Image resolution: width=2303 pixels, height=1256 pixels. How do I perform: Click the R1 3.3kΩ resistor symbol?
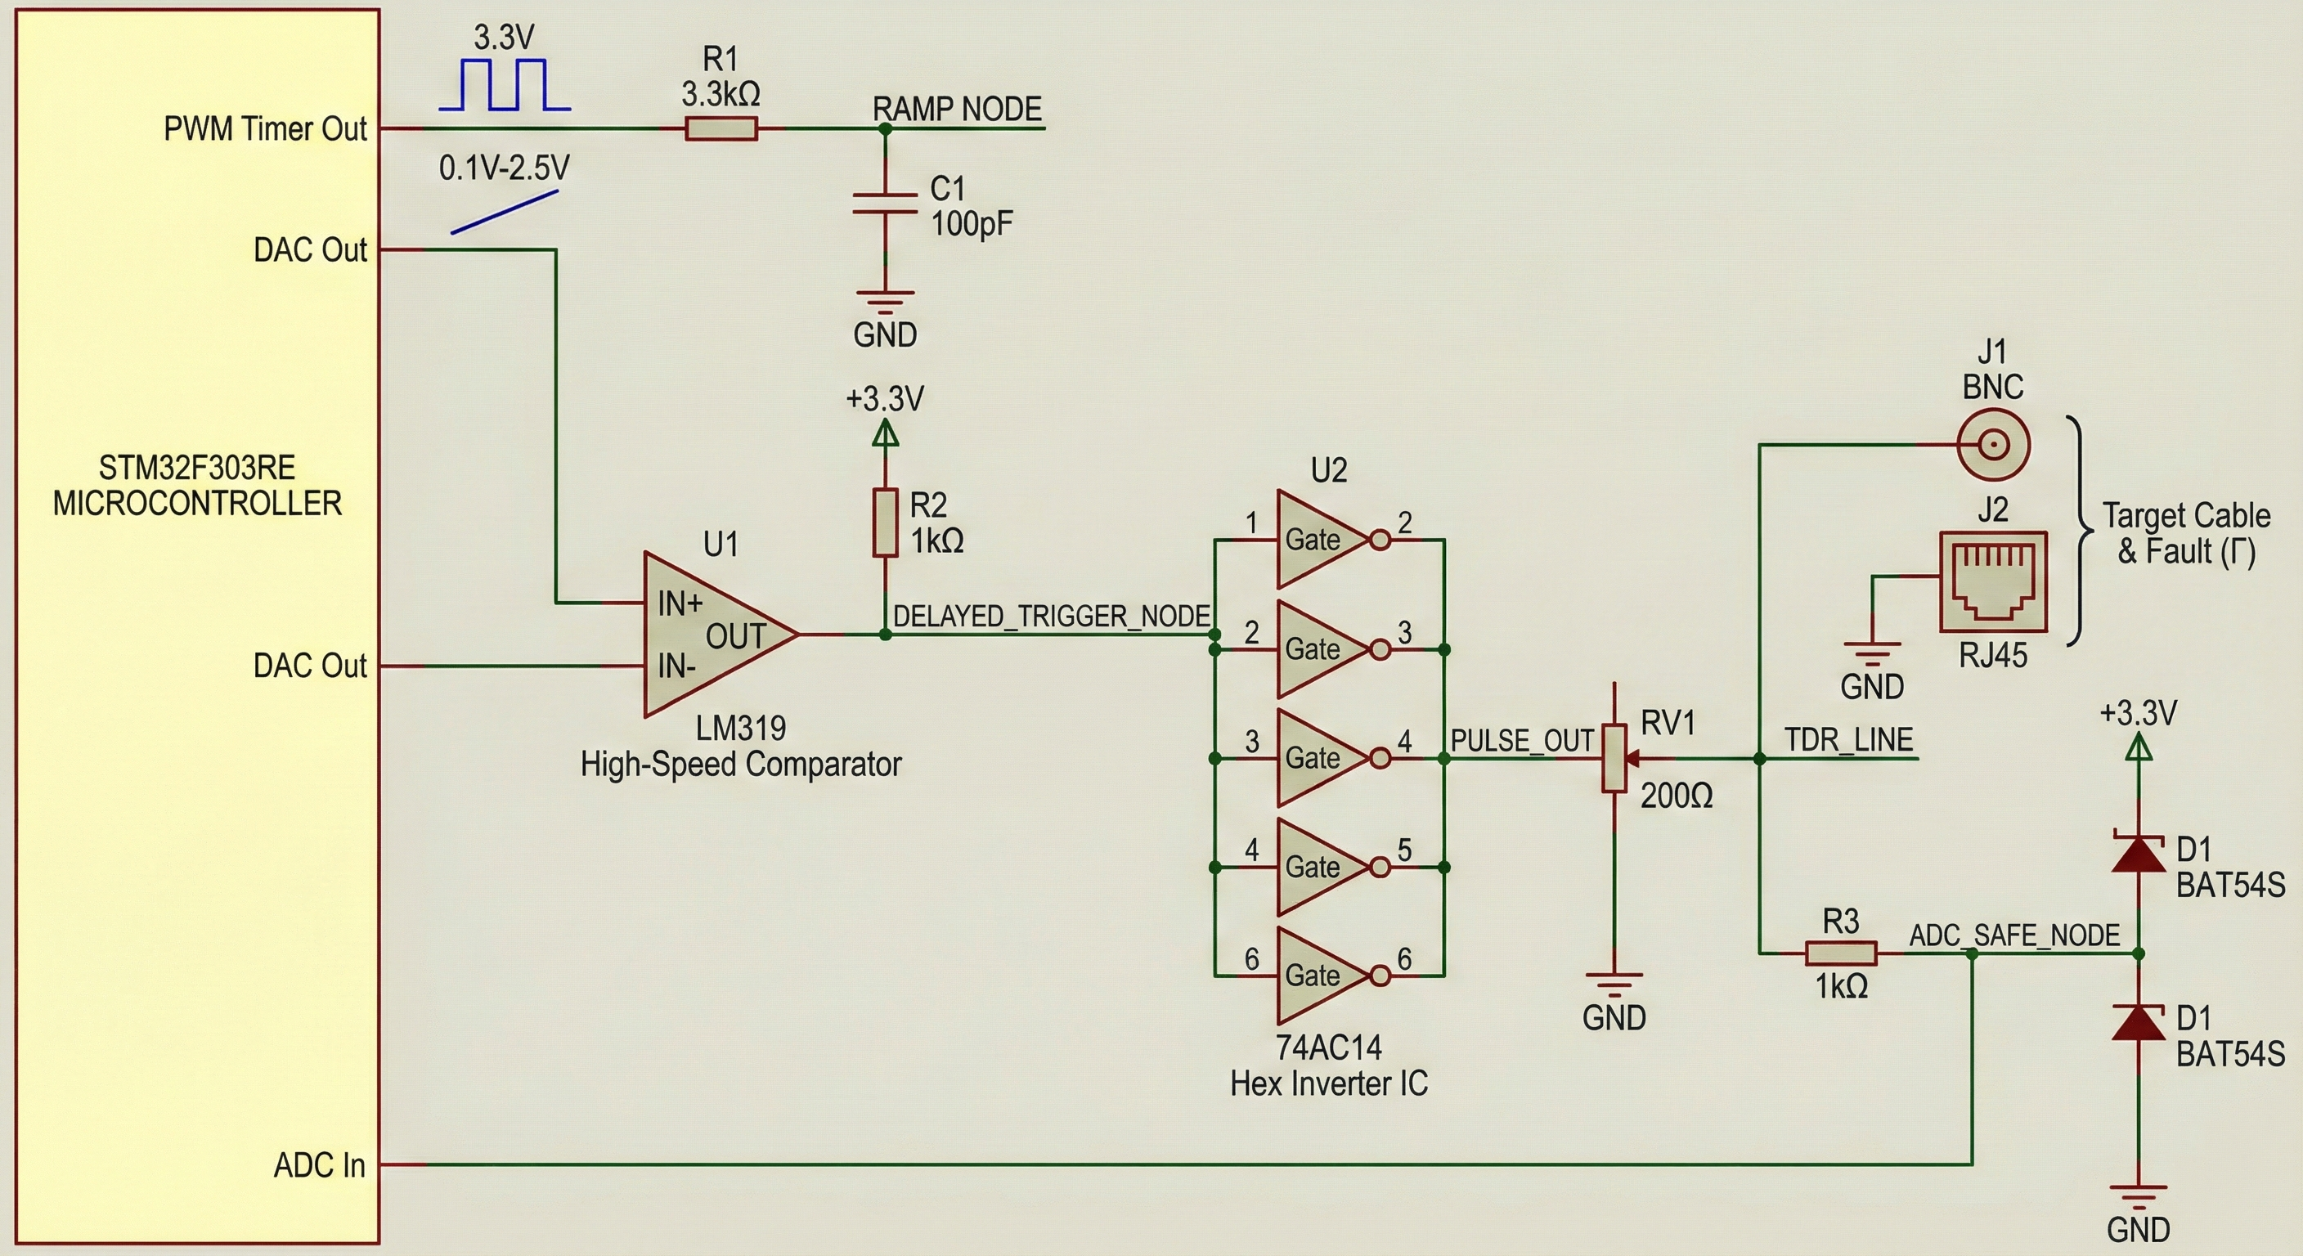tap(721, 130)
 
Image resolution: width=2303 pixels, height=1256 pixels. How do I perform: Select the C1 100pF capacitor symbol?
tap(885, 204)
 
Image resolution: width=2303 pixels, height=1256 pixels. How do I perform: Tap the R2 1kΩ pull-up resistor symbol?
tap(885, 523)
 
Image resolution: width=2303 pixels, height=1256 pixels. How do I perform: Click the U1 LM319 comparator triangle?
tap(716, 635)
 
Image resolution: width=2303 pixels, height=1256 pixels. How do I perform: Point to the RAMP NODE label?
tap(957, 109)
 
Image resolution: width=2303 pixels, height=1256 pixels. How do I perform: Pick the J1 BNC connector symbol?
tap(1994, 443)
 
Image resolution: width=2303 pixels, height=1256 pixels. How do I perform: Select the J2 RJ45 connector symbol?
tap(1993, 582)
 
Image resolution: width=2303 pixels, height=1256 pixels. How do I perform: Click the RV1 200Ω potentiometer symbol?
tap(1614, 759)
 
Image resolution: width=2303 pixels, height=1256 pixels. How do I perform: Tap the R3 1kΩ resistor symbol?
tap(1841, 953)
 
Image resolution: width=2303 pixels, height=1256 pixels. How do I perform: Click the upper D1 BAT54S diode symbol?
tap(2138, 853)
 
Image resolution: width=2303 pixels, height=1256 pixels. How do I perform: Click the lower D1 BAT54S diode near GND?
tap(2138, 1023)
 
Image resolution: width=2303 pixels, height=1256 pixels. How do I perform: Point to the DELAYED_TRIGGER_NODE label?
tap(1052, 616)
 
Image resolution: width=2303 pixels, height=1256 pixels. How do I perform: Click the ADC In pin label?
tap(319, 1164)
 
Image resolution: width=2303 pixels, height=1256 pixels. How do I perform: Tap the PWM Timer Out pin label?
tap(265, 128)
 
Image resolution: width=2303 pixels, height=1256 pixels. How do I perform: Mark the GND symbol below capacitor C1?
tap(885, 299)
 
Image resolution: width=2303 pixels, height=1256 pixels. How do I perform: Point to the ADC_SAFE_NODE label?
tap(2014, 935)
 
